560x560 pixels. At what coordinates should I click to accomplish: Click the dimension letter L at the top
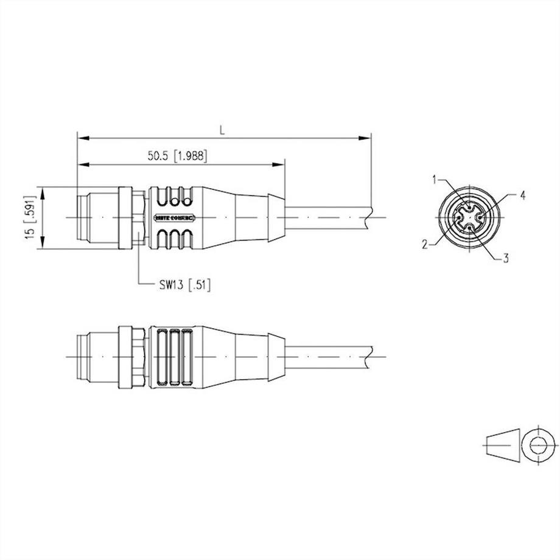pyautogui.click(x=223, y=130)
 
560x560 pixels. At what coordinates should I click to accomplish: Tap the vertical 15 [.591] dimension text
pyautogui.click(x=29, y=217)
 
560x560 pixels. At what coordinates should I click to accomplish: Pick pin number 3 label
pyautogui.click(x=505, y=258)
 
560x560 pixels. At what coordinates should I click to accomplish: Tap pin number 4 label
pyautogui.click(x=522, y=195)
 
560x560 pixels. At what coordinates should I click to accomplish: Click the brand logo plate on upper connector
pyautogui.click(x=173, y=217)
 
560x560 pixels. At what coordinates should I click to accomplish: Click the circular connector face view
pyautogui.click(x=469, y=217)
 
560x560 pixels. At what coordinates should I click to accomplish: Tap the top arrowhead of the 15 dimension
pyautogui.click(x=41, y=191)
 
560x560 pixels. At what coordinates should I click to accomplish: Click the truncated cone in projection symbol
pyautogui.click(x=504, y=444)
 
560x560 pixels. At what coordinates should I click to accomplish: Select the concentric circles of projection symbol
pyautogui.click(x=539, y=444)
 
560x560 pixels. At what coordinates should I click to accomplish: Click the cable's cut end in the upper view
pyautogui.click(x=369, y=217)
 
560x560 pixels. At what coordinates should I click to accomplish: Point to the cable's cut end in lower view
pyautogui.click(x=369, y=355)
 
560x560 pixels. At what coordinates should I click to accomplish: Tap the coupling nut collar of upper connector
pyautogui.click(x=125, y=217)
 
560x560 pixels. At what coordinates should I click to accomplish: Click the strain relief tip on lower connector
pyautogui.click(x=276, y=356)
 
